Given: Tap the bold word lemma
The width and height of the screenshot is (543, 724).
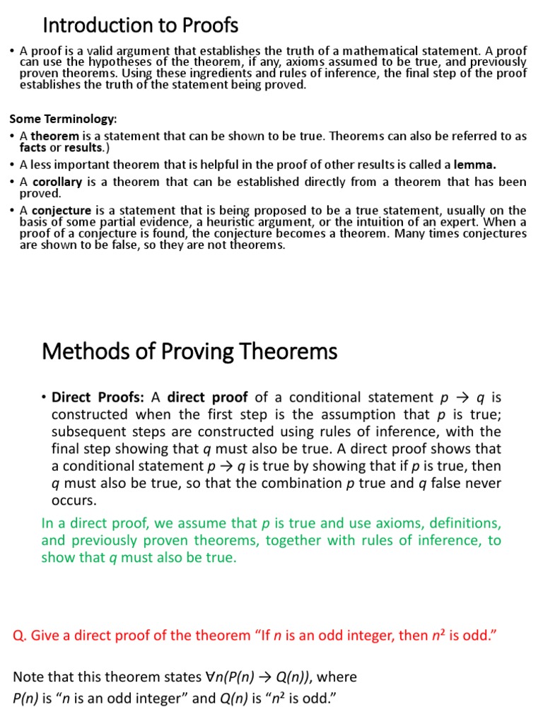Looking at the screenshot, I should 474,165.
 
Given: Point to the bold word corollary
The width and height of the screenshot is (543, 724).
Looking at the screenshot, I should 57,182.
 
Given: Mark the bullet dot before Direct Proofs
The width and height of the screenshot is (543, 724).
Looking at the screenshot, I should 45,397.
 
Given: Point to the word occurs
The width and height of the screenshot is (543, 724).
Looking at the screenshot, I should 74,500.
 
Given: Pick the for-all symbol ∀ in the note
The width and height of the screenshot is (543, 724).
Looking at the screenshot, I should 210,677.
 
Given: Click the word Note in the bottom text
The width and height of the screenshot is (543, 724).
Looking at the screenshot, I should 30,677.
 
